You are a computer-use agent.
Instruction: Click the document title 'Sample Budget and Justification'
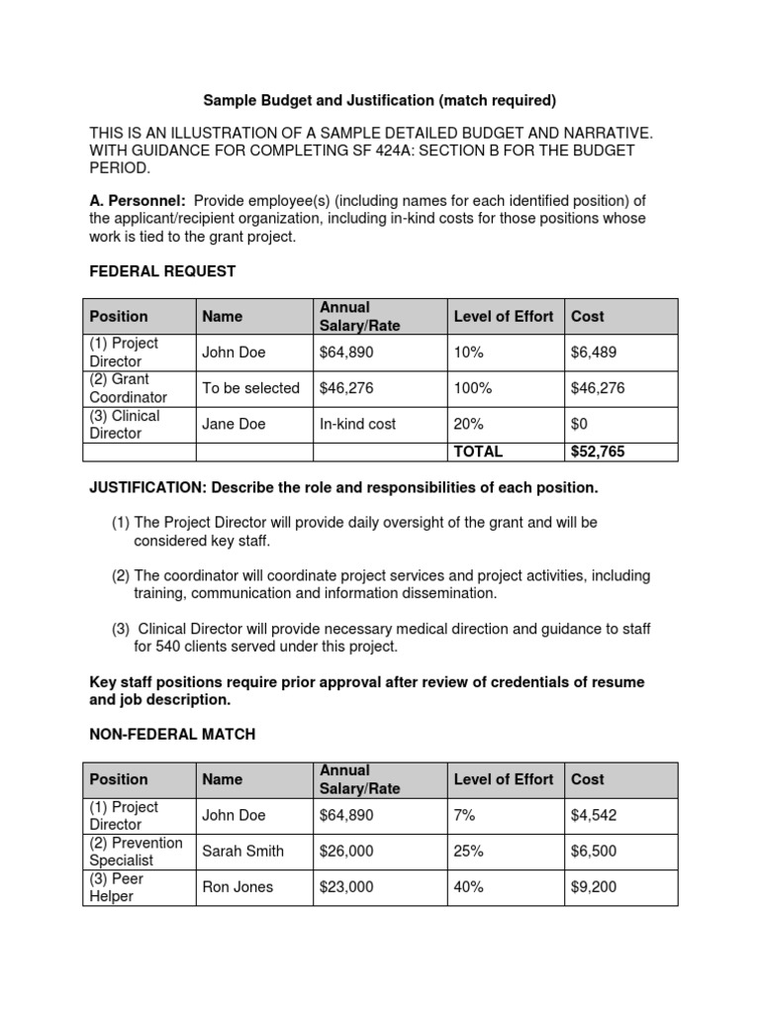380,100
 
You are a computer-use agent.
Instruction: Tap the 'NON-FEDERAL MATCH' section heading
172,734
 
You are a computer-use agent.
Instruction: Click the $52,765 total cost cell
598,452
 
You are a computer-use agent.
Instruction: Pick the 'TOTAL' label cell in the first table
478,452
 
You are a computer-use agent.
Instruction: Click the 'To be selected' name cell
250,388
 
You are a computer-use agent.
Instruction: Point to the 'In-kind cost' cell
357,424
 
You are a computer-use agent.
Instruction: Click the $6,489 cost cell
593,353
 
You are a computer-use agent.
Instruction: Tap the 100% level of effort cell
472,388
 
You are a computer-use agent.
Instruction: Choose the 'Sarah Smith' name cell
242,851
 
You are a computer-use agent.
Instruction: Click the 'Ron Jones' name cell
238,887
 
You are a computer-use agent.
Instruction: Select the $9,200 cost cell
593,887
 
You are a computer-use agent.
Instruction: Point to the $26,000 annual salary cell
346,851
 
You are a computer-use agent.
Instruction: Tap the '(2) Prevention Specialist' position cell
137,851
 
